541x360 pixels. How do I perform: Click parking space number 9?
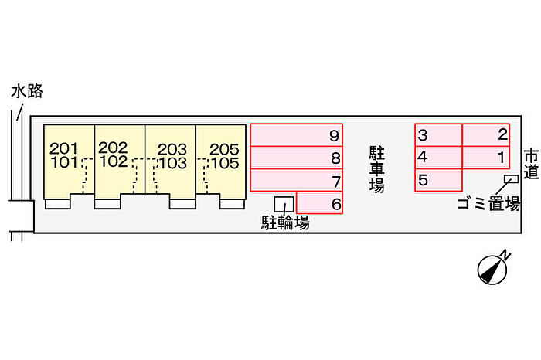(x=296, y=135)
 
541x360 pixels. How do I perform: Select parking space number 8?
(x=296, y=158)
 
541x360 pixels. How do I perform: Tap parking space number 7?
(x=296, y=180)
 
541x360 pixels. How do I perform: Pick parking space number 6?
(x=319, y=202)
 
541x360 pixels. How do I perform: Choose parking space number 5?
(x=438, y=180)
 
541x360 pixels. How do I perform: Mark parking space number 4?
(x=438, y=158)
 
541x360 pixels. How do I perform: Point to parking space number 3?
(x=438, y=135)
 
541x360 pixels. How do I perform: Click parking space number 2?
(x=486, y=135)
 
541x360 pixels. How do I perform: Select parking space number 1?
(x=486, y=158)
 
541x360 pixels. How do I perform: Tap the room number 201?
(x=63, y=148)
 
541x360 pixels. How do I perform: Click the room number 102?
(x=114, y=161)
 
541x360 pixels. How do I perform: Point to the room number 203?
(x=172, y=150)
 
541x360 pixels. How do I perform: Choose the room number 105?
(x=225, y=163)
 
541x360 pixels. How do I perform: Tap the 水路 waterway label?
(x=27, y=91)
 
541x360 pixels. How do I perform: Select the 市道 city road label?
(x=531, y=164)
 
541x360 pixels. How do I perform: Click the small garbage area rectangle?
(x=511, y=178)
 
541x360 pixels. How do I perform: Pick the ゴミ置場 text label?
(x=488, y=203)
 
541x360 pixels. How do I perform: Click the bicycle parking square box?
(x=284, y=204)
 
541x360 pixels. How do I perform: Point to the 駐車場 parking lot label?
(x=377, y=169)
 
